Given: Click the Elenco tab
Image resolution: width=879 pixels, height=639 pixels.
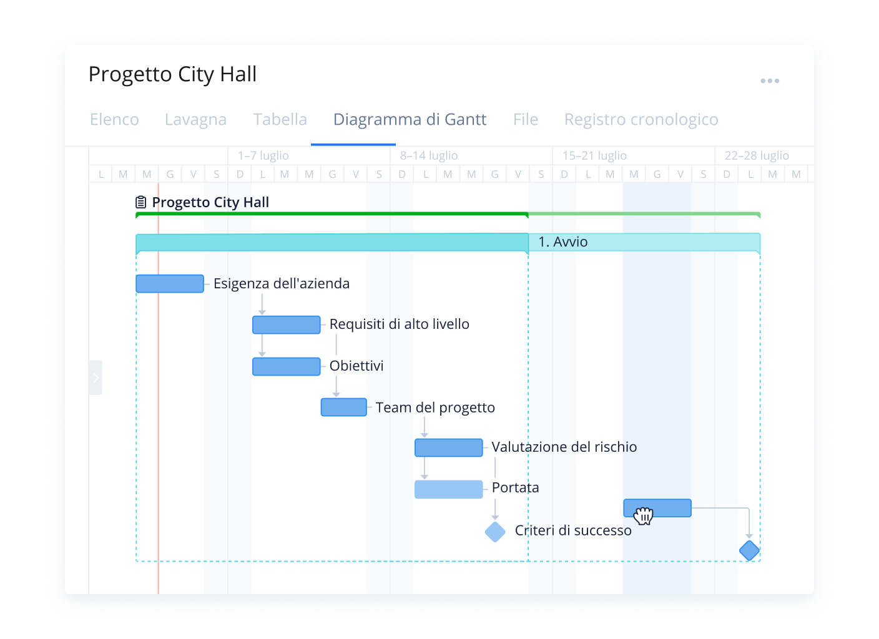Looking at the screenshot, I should (114, 119).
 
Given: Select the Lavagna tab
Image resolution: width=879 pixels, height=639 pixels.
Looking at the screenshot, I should (195, 119).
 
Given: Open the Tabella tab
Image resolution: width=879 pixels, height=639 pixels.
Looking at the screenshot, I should (280, 119).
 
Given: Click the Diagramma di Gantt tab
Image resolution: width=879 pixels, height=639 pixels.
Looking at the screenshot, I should (410, 119).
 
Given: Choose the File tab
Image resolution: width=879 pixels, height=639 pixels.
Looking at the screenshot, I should (525, 119).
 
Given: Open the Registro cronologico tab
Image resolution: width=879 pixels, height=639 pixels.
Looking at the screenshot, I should (641, 119).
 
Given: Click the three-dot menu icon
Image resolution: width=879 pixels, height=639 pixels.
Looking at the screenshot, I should (770, 81).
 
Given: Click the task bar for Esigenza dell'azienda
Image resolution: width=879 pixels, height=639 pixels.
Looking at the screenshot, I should (170, 284).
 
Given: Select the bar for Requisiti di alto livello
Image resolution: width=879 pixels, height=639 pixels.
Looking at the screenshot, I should (286, 325).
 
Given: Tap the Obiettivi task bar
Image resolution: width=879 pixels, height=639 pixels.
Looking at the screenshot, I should (286, 366).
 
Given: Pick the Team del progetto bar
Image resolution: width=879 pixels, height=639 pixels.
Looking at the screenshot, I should (343, 407).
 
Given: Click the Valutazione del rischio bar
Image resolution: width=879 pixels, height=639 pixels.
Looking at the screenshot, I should (448, 447).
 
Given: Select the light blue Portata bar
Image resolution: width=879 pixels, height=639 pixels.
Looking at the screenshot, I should (448, 489).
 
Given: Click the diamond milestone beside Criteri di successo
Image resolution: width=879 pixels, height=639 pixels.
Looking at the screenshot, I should (495, 532).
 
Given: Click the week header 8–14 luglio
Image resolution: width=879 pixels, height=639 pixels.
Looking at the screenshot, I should (429, 155).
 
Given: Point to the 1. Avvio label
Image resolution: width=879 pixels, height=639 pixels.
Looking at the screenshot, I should (562, 242).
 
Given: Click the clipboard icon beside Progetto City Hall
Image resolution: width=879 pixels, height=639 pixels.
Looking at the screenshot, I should (141, 202).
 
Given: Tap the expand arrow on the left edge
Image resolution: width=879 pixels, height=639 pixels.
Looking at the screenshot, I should (96, 378).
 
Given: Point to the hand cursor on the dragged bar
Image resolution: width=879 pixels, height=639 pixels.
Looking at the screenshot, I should (644, 515).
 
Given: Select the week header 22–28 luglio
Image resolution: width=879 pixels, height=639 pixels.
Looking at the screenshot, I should (757, 155).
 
